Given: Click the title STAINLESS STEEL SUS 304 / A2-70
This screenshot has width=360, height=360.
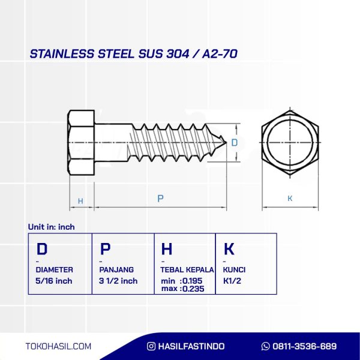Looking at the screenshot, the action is coord(133,54).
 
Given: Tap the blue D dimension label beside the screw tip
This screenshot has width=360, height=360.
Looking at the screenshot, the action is coord(235,143).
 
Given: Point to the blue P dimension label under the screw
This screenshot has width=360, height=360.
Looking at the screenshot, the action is coord(160,199).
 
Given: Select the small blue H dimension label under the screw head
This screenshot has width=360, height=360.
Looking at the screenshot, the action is coord(80,201).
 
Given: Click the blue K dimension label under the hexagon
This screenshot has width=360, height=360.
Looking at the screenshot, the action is coord(290,199).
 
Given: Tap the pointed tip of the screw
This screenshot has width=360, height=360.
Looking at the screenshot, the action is coord(226,143).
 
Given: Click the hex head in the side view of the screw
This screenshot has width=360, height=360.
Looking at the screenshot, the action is coord(81,143).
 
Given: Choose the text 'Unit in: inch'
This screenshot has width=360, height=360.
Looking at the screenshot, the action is coord(51,227).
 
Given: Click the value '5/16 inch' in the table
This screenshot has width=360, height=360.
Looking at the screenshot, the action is coord(54,281).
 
